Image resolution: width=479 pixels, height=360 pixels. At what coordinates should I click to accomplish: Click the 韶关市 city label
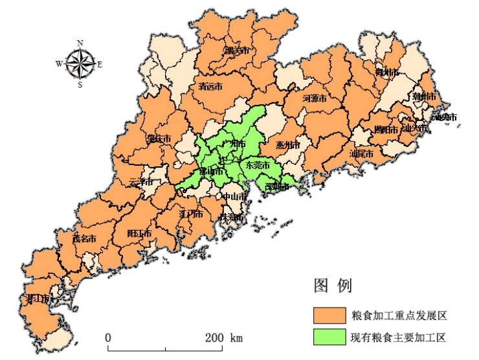tap(236, 50)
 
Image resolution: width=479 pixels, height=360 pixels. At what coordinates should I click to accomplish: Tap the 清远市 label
tap(210, 85)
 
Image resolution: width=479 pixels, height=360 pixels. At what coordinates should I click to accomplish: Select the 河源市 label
tap(315, 98)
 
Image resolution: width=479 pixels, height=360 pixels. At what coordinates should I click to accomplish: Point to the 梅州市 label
tap(386, 72)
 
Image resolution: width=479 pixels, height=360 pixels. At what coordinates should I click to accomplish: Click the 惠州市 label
tap(287, 145)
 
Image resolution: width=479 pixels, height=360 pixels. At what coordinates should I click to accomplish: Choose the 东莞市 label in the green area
tap(257, 165)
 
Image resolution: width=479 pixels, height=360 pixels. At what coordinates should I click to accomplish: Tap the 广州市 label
tap(233, 143)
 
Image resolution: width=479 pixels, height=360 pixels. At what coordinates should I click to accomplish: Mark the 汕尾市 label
tap(361, 154)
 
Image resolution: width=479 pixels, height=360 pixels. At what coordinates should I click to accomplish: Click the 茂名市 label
tap(84, 238)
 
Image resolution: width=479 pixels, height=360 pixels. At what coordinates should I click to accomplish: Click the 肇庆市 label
tap(159, 139)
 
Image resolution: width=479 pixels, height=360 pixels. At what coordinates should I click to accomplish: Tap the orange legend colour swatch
tap(330, 315)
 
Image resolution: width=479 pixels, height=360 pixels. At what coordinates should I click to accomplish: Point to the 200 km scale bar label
tap(224, 338)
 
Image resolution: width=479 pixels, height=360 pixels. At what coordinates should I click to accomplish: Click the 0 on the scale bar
tap(108, 338)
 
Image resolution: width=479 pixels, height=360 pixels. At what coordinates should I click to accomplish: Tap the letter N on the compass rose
tap(80, 43)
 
